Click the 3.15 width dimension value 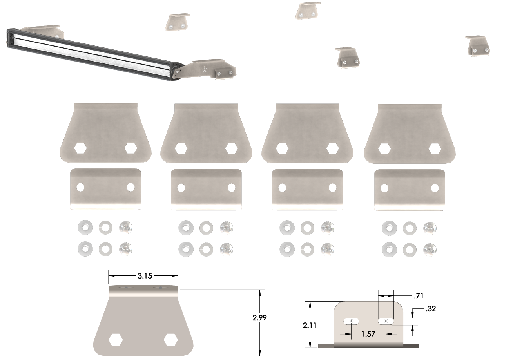click(x=145, y=276)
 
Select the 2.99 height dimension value click(x=260, y=318)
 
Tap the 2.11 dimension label click(x=310, y=325)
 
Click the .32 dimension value click(x=430, y=309)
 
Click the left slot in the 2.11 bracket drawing click(x=352, y=321)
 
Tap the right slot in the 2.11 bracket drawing click(x=386, y=321)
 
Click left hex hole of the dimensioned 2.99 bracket click(x=115, y=340)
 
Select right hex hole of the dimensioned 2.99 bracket click(x=171, y=340)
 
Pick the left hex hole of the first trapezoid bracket click(x=80, y=148)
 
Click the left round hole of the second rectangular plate click(x=181, y=188)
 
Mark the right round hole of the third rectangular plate click(x=332, y=188)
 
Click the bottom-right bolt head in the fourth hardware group click(x=430, y=248)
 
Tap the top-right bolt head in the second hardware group click(x=226, y=226)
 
